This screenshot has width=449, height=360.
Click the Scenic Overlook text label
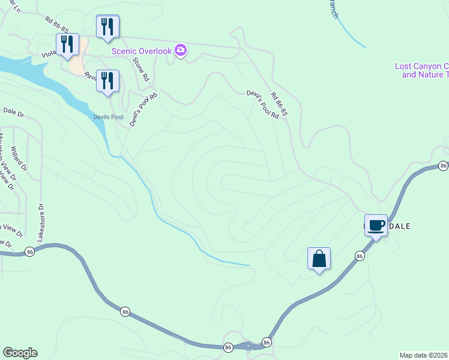click(142, 51)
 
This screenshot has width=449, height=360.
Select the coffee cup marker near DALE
click(376, 226)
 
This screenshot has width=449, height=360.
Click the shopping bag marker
click(319, 260)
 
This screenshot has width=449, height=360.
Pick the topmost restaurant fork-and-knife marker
click(107, 27)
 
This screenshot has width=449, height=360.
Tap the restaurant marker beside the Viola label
click(68, 45)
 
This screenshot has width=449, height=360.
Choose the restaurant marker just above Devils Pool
click(107, 82)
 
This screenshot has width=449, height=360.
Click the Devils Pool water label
click(108, 116)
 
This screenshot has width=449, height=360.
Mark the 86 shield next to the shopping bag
click(360, 256)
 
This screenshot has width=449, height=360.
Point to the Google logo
click(20, 353)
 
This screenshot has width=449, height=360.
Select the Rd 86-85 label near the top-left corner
click(58, 24)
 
